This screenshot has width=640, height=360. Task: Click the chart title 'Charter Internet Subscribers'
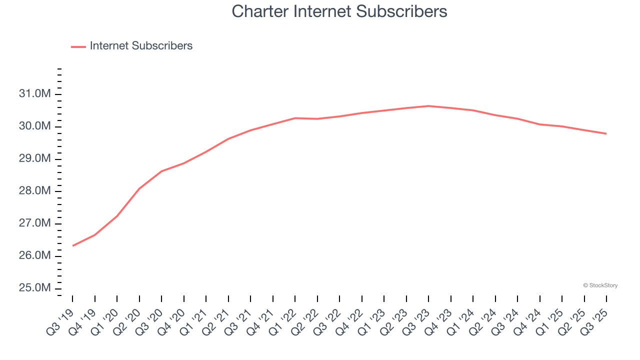339,11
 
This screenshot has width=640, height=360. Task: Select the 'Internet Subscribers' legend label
141,46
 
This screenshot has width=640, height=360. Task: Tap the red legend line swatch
78,46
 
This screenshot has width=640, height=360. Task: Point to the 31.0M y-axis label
35,94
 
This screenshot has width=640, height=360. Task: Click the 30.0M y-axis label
35,126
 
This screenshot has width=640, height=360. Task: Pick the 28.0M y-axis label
35,191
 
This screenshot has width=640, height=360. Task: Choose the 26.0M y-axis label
35,256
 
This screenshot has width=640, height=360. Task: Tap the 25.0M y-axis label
35,288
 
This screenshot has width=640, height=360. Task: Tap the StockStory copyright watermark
600,285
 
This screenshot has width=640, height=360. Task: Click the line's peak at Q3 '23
428,106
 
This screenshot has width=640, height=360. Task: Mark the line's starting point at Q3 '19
73,245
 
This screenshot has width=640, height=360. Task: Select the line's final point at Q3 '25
606,133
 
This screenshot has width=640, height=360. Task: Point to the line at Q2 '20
139,188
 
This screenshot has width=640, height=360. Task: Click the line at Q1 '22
295,118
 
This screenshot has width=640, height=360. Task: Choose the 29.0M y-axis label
35,158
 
